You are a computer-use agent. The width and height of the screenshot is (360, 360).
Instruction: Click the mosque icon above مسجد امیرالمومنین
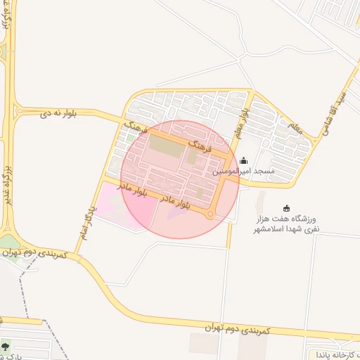pyautogui.click(x=243, y=160)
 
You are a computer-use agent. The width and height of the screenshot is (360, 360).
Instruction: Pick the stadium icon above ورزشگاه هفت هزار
pyautogui.click(x=286, y=207)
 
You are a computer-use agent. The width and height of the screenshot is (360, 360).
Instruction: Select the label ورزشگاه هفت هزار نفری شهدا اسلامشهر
pyautogui.click(x=285, y=224)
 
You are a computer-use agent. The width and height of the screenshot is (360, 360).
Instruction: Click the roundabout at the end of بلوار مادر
pyautogui.click(x=210, y=214)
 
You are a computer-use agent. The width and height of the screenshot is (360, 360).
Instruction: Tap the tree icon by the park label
pyautogui.click(x=6, y=345)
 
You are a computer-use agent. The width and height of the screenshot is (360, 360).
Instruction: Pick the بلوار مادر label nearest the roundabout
pyautogui.click(x=176, y=202)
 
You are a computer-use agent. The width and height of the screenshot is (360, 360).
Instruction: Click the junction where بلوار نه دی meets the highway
pyautogui.click(x=13, y=110)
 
